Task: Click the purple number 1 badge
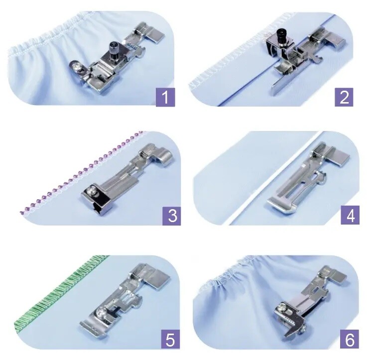tap(165, 97)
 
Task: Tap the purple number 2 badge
tap(344, 97)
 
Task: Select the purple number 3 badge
tap(172, 216)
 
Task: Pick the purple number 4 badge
tap(351, 215)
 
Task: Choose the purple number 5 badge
tap(170, 339)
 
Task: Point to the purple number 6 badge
tap(350, 339)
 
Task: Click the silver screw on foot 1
tap(77, 68)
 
